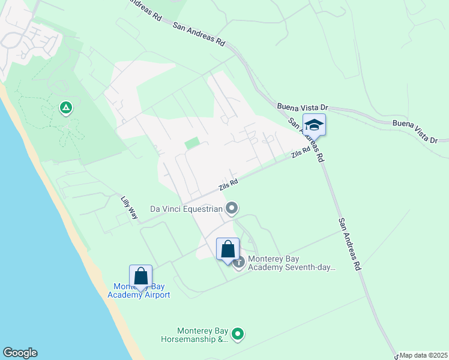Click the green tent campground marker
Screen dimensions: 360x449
(65, 109)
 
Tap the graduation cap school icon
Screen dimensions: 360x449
(314, 125)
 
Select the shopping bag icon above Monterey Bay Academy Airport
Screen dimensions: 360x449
(140, 277)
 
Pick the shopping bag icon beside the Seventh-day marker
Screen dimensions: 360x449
(228, 249)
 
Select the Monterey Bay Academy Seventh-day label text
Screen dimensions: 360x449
(291, 263)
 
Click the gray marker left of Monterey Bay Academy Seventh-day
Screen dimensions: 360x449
(240, 262)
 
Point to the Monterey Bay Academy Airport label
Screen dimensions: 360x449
(139, 290)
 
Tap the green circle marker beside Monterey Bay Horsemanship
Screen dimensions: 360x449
(238, 334)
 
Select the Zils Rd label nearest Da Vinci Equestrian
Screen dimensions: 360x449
(228, 184)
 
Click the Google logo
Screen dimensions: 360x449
(20, 353)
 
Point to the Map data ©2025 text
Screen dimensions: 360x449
(424, 355)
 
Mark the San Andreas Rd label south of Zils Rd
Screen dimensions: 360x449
(349, 243)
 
